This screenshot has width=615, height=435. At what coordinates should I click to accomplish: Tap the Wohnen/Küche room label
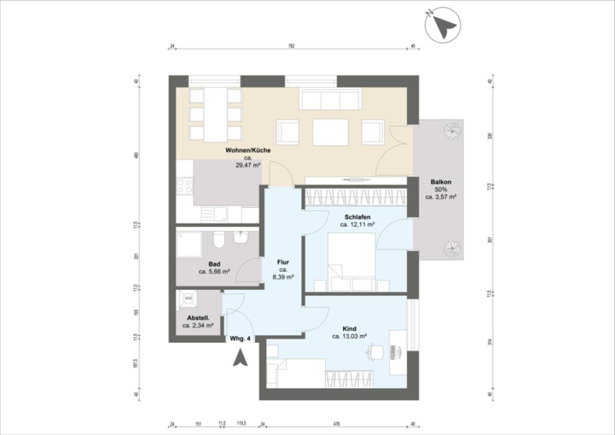tap(248, 150)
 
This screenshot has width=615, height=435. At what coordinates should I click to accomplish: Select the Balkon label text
tap(441, 182)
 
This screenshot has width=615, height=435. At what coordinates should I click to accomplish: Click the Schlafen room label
tap(358, 217)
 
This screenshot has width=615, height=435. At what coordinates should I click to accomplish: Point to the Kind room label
tap(349, 329)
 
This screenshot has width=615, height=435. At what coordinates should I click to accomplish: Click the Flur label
tap(283, 262)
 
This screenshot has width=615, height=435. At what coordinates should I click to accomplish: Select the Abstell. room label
tap(199, 318)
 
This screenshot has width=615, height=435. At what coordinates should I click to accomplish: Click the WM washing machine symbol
tap(188, 298)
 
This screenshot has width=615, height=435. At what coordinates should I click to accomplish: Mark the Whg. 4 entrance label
tap(240, 339)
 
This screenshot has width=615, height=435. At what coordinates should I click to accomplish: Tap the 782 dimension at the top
tap(291, 46)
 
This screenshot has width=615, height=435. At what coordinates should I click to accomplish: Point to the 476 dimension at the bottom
tap(336, 424)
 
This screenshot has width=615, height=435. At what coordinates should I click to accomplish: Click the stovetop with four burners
tap(184, 186)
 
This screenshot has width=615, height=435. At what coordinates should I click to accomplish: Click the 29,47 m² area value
tap(248, 165)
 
